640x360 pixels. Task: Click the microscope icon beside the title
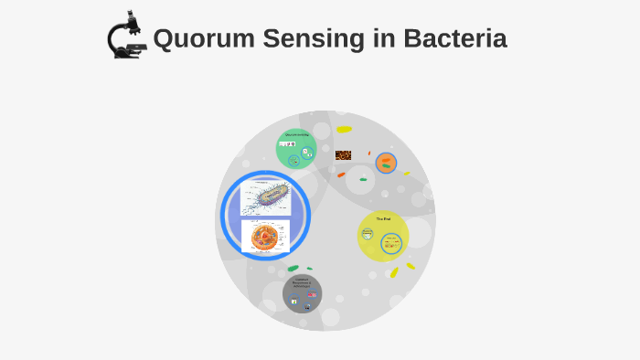(126, 37)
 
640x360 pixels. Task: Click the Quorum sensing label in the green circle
(296, 135)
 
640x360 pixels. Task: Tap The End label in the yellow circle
(384, 219)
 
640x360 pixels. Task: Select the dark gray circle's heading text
(303, 282)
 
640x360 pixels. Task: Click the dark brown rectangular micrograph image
(343, 155)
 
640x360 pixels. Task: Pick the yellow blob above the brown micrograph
(344, 130)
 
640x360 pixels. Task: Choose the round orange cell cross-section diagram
(265, 236)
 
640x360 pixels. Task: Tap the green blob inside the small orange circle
(388, 159)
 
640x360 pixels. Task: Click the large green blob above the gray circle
(293, 268)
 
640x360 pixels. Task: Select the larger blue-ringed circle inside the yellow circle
(391, 243)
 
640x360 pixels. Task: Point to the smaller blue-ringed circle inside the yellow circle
(368, 233)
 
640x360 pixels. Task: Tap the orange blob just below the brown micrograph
(341, 174)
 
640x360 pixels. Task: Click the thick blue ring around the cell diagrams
(225, 216)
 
